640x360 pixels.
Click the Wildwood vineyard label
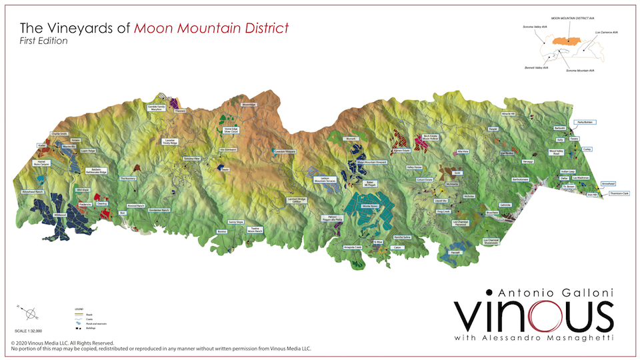[60, 215]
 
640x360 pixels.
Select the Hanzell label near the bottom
[455, 252]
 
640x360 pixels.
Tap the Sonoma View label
[193, 159]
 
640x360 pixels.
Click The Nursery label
[128, 179]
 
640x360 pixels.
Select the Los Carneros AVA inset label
[606, 32]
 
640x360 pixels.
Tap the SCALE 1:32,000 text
[28, 330]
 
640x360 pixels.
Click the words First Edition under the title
[44, 41]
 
